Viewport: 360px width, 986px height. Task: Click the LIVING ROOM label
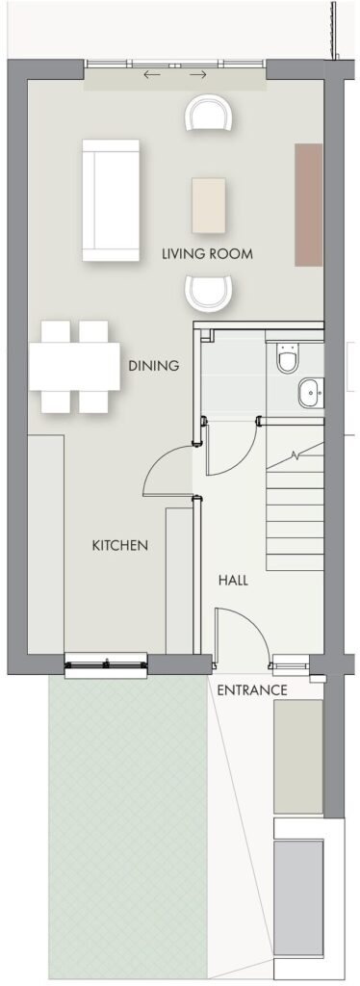click(207, 254)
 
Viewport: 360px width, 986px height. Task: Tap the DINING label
click(154, 365)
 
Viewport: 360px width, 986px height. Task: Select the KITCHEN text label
click(120, 545)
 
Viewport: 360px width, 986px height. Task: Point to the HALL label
click(233, 581)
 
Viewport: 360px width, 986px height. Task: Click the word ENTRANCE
click(252, 689)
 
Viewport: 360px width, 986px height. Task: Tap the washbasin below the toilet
click(310, 393)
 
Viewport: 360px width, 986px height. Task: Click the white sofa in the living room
click(111, 200)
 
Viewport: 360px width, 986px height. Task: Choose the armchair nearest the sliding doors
click(208, 113)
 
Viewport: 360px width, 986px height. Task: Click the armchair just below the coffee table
click(209, 294)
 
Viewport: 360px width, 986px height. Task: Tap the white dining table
click(74, 367)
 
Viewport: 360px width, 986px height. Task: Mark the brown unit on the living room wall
click(308, 204)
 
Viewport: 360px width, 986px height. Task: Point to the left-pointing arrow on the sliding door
click(152, 75)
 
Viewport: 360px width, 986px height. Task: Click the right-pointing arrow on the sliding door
click(198, 75)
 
